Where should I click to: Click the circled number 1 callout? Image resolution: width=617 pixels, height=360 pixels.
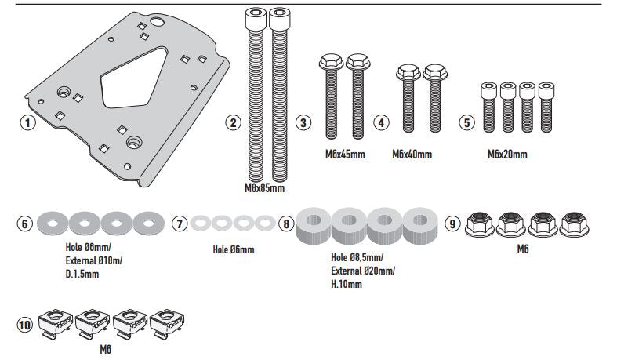coord(28,123)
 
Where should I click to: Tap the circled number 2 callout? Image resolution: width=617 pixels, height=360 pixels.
coord(233,123)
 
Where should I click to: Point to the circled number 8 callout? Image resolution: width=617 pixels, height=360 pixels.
coord(286,224)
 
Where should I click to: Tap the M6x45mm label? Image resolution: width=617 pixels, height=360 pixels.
coord(345,154)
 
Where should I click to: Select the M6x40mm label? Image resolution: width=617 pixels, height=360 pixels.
coord(412,154)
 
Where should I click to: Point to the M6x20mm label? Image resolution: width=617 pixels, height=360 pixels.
coord(507,154)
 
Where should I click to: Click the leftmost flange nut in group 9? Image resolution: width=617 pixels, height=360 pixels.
coord(480,225)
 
